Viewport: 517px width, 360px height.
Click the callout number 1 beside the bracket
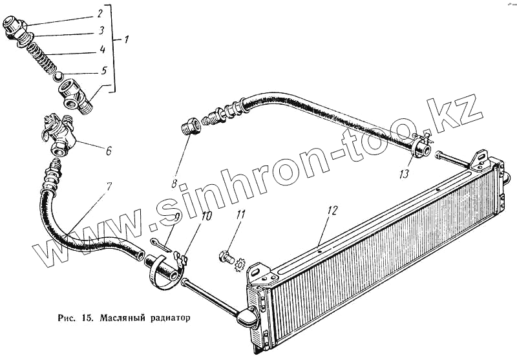[x=126, y=40]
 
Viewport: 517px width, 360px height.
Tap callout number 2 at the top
[x=100, y=13]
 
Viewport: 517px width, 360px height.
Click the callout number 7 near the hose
[x=108, y=187]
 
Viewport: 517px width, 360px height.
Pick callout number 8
[x=174, y=183]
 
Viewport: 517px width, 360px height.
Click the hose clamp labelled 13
[x=420, y=147]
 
